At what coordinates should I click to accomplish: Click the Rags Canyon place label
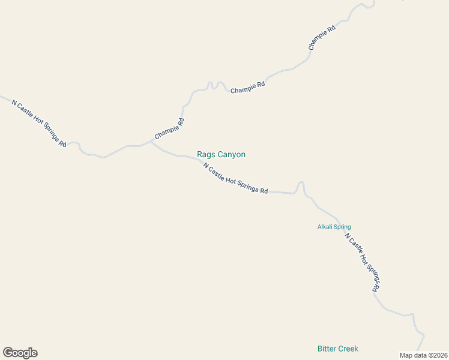pos(221,155)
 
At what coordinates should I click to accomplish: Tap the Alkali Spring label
pos(334,227)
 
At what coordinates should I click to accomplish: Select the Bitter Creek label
pos(337,349)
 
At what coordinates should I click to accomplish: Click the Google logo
pos(20,353)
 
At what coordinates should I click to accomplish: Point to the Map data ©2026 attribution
pos(424,355)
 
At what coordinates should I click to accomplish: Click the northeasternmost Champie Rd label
pos(321,37)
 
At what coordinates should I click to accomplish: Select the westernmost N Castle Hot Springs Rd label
pos(39,123)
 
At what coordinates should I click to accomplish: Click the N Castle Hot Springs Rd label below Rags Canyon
pos(235,178)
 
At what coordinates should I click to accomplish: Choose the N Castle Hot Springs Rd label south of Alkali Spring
pos(363,262)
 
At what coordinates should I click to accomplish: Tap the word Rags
pos(205,155)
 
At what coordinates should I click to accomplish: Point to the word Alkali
pos(325,227)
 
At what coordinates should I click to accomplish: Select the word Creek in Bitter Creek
pos(348,349)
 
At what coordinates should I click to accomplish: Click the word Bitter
pos(327,349)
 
